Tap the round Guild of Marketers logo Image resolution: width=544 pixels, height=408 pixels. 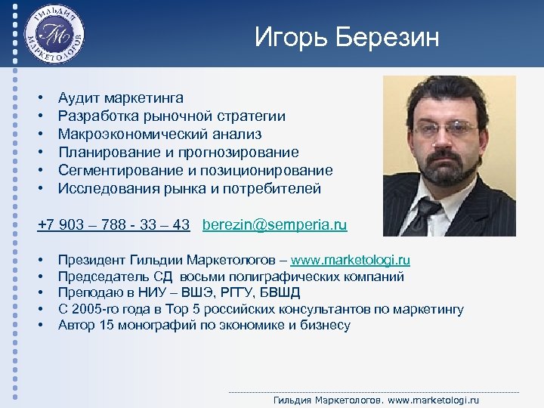55,34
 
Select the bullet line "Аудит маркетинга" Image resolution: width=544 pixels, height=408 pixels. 120,98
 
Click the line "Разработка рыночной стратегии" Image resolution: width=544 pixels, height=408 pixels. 172,116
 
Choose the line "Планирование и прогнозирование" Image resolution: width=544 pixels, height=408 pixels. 178,153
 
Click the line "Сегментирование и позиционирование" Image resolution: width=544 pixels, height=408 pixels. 195,171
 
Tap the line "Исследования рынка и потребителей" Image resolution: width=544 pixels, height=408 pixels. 189,189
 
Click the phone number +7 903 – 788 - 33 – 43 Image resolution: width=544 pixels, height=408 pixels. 113,225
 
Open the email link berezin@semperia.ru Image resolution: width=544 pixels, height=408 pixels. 275,225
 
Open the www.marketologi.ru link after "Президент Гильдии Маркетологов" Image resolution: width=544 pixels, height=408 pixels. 351,261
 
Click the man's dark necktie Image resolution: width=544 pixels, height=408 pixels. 425,215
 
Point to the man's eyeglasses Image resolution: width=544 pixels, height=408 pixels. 447,130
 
